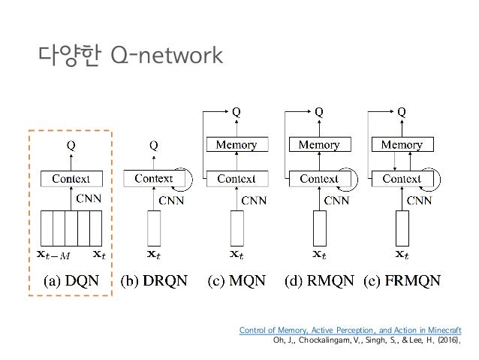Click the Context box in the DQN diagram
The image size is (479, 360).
pos(71,179)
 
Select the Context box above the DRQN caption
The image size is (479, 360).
pos(153,179)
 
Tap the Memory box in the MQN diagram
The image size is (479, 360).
pos(236,144)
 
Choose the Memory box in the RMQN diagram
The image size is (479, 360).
pos(319,144)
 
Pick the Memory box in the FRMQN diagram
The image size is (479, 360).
pos(402,144)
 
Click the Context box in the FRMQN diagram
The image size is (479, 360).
pos(402,179)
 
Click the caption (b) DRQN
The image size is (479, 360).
pos(153,282)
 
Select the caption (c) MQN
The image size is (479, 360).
pos(236,282)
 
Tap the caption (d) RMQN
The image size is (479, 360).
pos(318,282)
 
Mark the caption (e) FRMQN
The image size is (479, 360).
pos(402,282)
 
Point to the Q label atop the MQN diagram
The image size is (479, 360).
pos(236,110)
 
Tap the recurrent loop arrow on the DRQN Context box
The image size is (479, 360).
pos(188,179)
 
